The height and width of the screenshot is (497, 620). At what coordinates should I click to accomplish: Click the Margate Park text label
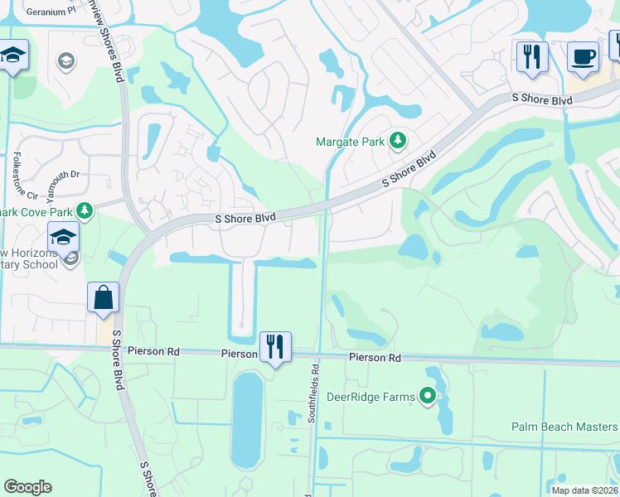pyautogui.click(x=350, y=142)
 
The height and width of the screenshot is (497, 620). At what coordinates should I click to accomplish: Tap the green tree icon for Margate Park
pyautogui.click(x=398, y=141)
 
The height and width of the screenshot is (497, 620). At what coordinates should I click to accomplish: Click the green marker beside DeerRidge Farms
pyautogui.click(x=428, y=397)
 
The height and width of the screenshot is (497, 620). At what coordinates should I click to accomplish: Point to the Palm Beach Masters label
pyautogui.click(x=564, y=427)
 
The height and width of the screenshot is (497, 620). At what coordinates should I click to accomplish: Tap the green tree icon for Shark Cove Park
pyautogui.click(x=84, y=210)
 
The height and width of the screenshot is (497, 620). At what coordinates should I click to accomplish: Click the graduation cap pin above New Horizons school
pyautogui.click(x=63, y=238)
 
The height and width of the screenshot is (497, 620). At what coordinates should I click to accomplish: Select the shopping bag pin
pyautogui.click(x=103, y=298)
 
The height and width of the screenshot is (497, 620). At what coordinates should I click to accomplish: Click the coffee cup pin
pyautogui.click(x=583, y=57)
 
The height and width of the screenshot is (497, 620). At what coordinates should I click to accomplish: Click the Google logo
pyautogui.click(x=27, y=487)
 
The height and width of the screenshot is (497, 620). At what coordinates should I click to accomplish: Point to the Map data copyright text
pyautogui.click(x=584, y=490)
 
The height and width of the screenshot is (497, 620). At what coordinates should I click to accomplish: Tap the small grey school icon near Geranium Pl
pyautogui.click(x=65, y=60)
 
